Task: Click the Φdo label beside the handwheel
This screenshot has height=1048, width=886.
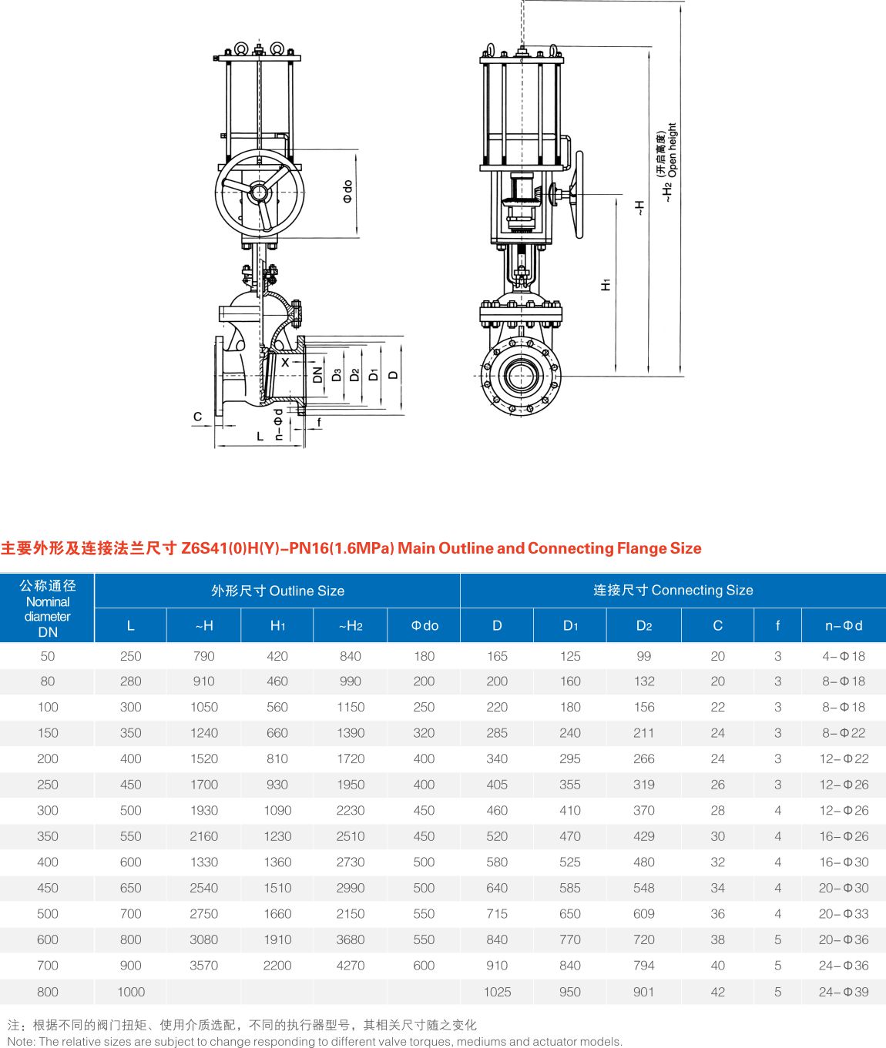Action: [x=347, y=192]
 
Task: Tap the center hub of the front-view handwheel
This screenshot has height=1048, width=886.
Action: [x=260, y=192]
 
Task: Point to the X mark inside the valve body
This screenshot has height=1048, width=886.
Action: [x=285, y=362]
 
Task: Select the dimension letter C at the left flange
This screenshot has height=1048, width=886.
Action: [x=198, y=417]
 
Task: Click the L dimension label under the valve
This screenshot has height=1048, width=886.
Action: [x=260, y=436]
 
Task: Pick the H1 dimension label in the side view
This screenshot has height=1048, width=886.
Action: [x=606, y=285]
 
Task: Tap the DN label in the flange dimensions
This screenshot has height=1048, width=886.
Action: [x=318, y=375]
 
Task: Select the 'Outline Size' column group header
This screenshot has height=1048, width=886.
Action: [x=278, y=591]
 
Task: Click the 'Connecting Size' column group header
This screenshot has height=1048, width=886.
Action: [x=673, y=590]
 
